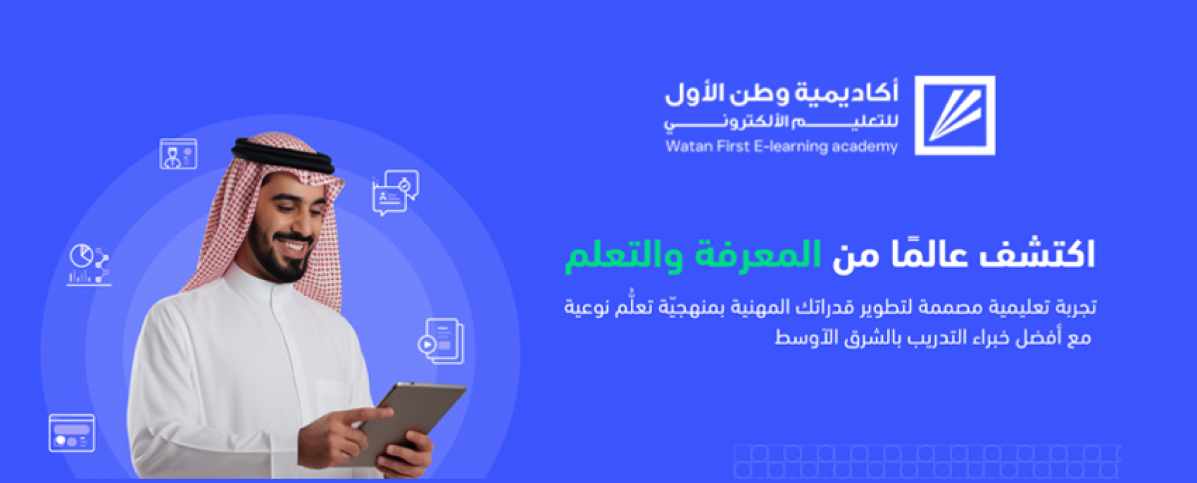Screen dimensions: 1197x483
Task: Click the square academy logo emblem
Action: click(954, 115)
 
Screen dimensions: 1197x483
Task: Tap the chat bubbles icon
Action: click(395, 193)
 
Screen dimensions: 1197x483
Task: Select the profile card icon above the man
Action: click(178, 154)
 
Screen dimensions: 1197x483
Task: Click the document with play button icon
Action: click(441, 341)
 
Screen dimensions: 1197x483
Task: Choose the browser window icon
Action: click(72, 432)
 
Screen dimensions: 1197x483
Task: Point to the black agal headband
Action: click(283, 156)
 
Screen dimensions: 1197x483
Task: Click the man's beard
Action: click(281, 256)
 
